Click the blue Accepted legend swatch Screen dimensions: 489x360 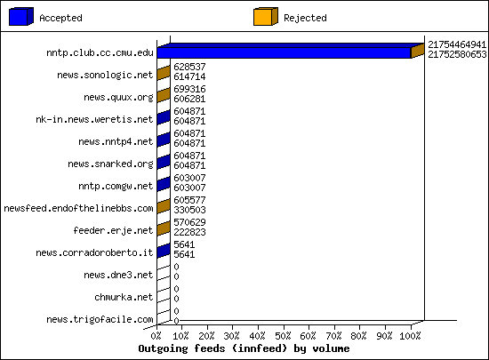click(x=21, y=17)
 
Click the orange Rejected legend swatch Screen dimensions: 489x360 click(x=266, y=17)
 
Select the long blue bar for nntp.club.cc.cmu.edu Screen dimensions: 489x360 click(x=285, y=52)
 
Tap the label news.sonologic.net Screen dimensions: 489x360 click(x=105, y=76)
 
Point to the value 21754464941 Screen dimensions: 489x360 click(x=457, y=44)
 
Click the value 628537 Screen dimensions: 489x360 click(x=189, y=67)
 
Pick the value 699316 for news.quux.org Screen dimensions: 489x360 click(x=189, y=89)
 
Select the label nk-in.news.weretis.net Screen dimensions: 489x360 click(x=94, y=119)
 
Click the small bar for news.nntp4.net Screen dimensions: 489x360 click(x=164, y=140)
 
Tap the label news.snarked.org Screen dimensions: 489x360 click(x=110, y=164)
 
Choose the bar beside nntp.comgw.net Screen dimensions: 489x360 click(x=164, y=184)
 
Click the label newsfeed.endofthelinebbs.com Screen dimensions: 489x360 click(x=78, y=208)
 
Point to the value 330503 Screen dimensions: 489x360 click(x=189, y=210)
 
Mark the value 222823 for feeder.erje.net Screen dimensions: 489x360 click(x=189, y=232)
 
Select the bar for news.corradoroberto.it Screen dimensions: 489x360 click(x=164, y=251)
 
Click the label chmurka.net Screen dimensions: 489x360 click(x=124, y=297)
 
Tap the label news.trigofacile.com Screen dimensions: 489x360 click(x=100, y=319)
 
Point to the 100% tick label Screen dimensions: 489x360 click(x=411, y=336)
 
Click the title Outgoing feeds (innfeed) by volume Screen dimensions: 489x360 click(x=244, y=348)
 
